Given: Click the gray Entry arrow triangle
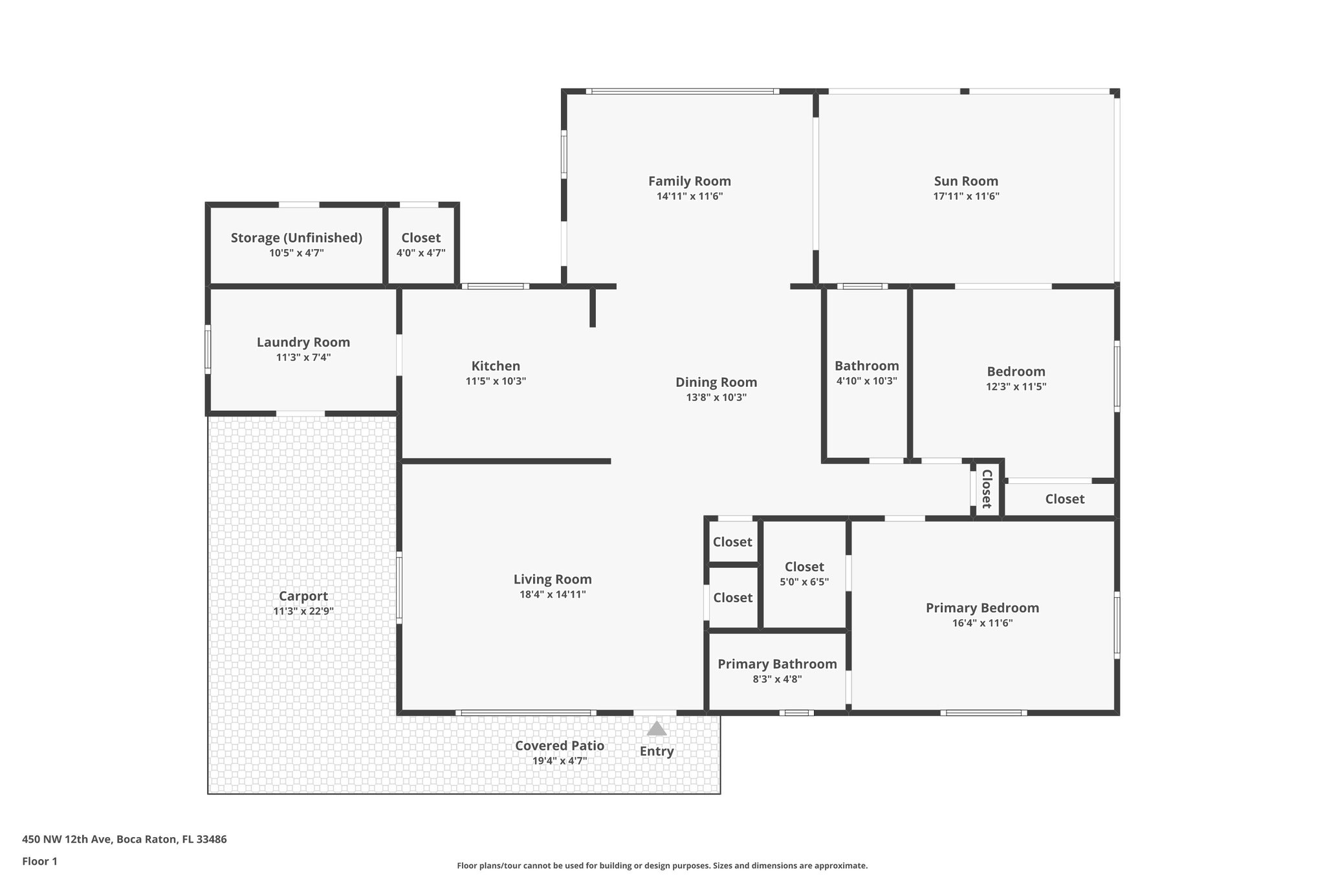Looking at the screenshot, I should [657, 729].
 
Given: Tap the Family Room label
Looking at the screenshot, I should [690, 181].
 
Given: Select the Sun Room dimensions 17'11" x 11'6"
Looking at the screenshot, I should [966, 197].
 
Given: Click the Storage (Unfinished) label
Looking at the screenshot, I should [296, 237].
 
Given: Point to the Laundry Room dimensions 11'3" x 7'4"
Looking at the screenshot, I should [303, 357].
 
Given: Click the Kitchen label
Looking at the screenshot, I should [496, 366].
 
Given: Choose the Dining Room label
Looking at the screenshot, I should [716, 382].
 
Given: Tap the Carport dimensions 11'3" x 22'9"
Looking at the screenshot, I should [303, 611].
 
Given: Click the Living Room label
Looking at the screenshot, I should [553, 580].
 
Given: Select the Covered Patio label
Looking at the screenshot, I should [560, 746].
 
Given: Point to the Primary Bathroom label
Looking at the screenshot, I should [777, 664].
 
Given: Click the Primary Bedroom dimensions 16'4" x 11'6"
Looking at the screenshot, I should [982, 624].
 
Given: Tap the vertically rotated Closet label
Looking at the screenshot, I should [987, 489].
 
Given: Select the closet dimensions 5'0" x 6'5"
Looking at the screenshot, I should [804, 582].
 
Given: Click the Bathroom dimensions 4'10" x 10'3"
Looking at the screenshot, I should [866, 381].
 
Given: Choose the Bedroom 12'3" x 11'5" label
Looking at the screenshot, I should [1016, 371].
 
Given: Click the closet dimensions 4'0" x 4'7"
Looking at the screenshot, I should [421, 253].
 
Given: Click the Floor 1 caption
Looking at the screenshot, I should [39, 861].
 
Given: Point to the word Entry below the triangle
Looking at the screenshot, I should [657, 751].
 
